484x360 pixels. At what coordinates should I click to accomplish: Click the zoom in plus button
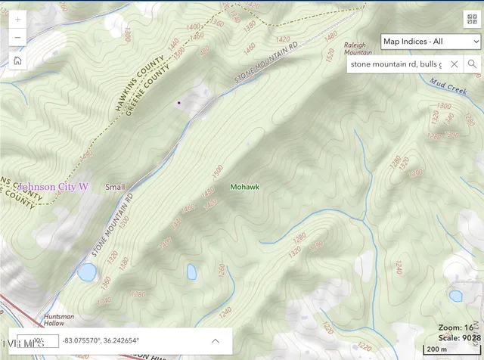click(x=17, y=19)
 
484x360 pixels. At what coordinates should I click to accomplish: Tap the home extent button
click(x=17, y=61)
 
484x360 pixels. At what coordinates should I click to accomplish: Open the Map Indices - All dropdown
click(x=430, y=41)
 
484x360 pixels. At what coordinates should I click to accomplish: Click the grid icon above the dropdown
click(x=470, y=18)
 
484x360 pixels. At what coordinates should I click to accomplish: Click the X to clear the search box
click(x=455, y=64)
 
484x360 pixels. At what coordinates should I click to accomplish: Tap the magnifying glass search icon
click(x=473, y=64)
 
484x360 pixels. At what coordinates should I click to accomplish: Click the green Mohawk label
click(x=245, y=186)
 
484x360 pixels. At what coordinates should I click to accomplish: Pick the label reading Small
click(x=115, y=186)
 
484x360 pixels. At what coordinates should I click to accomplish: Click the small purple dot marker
click(x=178, y=102)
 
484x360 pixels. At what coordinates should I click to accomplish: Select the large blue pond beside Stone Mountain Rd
click(x=86, y=271)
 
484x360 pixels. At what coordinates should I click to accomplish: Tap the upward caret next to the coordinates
click(x=215, y=340)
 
